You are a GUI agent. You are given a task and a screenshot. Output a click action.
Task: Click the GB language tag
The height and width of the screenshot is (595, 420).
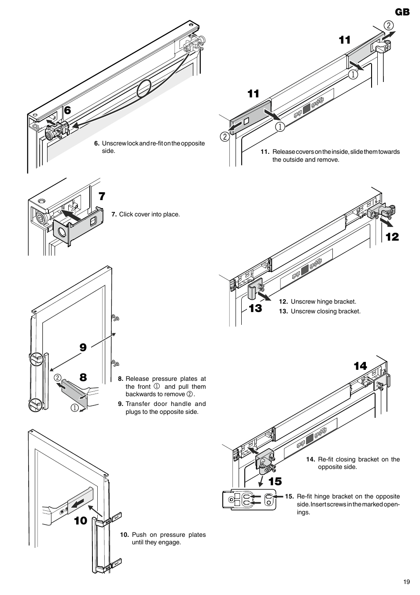click(x=402, y=12)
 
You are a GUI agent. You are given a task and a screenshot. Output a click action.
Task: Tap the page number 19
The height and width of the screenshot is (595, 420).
click(x=406, y=582)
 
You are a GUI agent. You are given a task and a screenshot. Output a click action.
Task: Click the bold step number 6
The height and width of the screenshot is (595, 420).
click(x=67, y=111)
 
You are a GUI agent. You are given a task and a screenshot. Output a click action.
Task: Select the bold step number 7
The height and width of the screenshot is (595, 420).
click(x=102, y=196)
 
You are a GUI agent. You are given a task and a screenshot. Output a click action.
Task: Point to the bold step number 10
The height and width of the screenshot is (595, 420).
click(x=81, y=521)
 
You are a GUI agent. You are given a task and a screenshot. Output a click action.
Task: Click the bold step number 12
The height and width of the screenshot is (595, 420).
click(x=392, y=237)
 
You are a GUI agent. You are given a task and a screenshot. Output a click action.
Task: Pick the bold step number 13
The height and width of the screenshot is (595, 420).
click(x=255, y=309)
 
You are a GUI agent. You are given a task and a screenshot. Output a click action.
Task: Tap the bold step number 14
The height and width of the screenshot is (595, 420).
click(x=360, y=366)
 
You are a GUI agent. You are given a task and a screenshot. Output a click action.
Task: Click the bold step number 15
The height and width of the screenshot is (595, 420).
click(x=275, y=482)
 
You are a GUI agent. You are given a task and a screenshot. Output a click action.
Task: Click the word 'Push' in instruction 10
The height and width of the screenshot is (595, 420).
click(x=138, y=535)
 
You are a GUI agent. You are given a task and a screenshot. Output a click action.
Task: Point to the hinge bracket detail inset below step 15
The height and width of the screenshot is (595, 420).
click(x=249, y=499)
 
